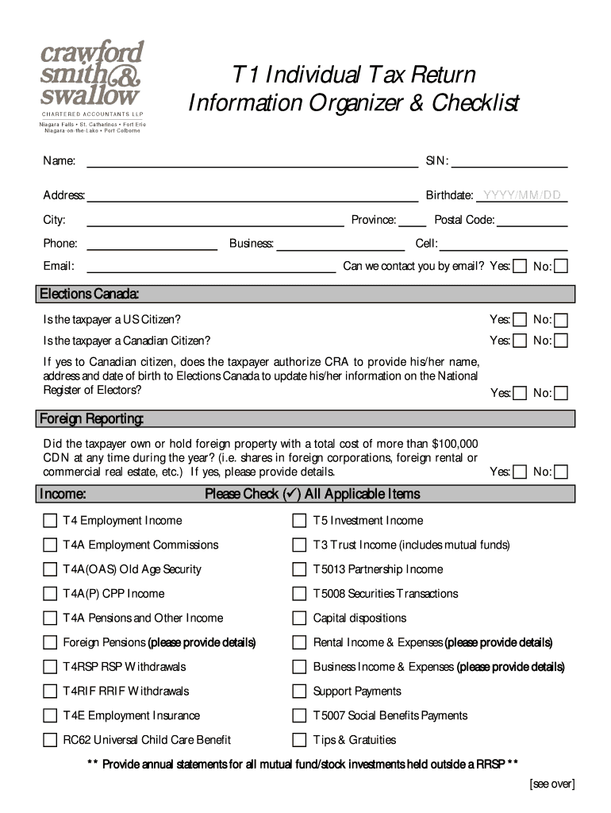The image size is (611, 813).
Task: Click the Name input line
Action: pos(252,164)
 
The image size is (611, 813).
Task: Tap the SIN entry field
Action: pos(509,164)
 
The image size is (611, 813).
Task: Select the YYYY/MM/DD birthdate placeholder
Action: pos(521,195)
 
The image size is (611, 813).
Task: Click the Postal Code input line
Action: pos(532,221)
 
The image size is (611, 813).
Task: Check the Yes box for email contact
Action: pos(520,266)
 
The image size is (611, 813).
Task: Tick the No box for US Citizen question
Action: pos(561,321)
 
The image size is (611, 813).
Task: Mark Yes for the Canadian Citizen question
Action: pos(520,341)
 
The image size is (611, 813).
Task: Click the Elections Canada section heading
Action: pos(90,295)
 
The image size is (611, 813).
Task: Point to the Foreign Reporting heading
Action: pos(91,418)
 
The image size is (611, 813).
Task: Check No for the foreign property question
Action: pos(561,472)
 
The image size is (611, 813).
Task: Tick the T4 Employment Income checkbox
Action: pos(49,521)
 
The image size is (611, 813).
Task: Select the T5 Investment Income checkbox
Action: pos(299,521)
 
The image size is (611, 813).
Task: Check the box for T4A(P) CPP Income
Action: pos(49,594)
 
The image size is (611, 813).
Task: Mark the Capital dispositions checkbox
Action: pos(299,618)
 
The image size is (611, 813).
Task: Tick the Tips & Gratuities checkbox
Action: pos(299,740)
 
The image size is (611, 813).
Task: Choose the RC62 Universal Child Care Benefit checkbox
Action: pos(49,740)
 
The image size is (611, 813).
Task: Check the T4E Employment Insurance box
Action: pos(49,715)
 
